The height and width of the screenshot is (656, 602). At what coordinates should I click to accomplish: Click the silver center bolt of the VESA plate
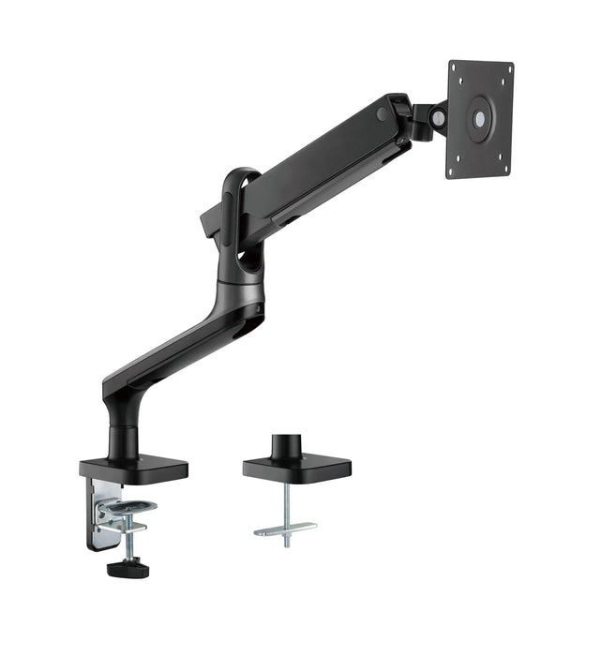[481, 120]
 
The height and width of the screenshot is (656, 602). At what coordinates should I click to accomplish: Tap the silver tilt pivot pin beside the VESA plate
[438, 117]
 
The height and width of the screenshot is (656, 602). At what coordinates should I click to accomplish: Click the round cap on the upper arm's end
[383, 113]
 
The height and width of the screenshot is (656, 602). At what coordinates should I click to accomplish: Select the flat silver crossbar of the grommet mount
[284, 530]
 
